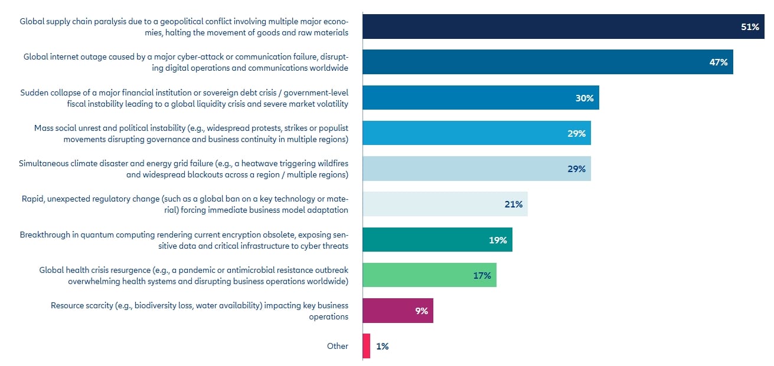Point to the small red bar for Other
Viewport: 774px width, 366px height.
tap(367, 346)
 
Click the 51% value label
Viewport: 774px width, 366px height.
tap(750, 27)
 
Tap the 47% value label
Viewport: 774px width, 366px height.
tap(719, 62)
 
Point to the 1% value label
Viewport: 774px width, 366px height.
tap(382, 347)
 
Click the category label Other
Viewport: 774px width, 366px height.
tap(338, 347)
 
